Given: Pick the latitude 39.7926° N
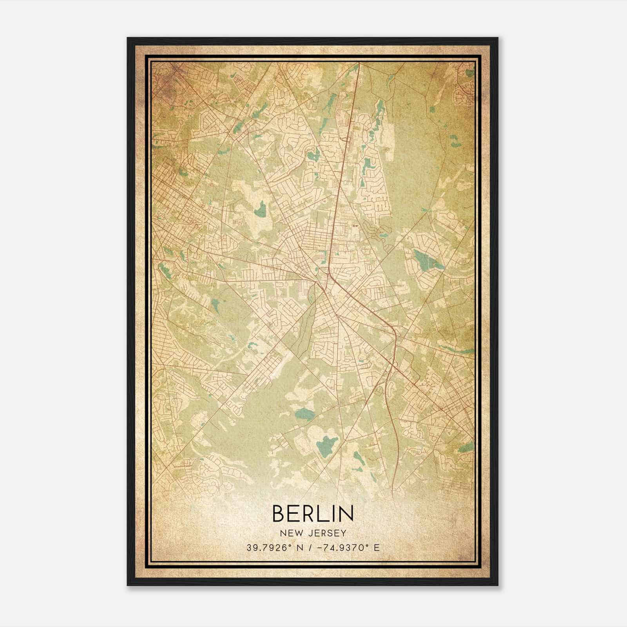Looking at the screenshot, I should (x=270, y=548).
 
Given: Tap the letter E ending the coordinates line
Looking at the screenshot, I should (x=377, y=548).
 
